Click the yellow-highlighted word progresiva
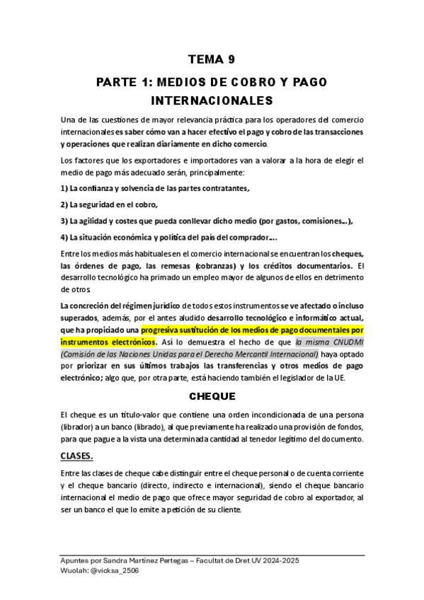[164, 330]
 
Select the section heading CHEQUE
[212, 397]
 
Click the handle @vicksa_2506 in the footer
[115, 570]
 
